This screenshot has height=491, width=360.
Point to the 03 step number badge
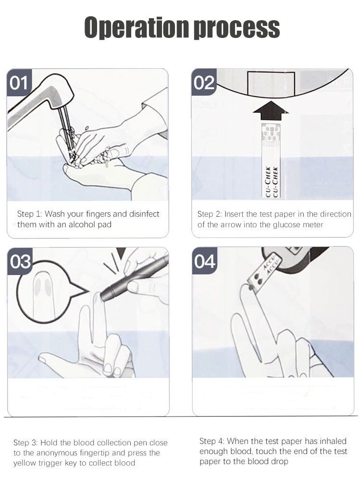(20, 261)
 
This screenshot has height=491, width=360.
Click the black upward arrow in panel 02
(271, 110)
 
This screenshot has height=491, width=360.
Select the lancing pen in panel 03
(134, 277)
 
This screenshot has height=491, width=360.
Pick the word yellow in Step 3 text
(24, 463)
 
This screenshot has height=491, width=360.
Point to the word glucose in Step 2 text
(286, 225)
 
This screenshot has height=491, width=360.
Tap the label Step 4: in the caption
(212, 442)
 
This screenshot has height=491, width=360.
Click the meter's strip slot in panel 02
(271, 83)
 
